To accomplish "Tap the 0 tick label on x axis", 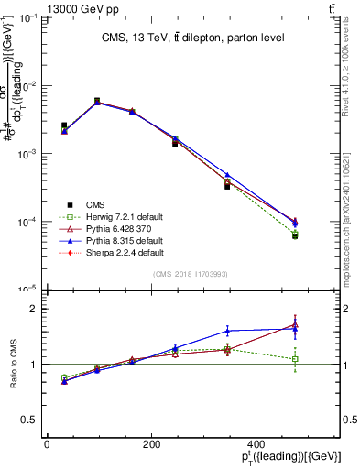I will click(x=47, y=445).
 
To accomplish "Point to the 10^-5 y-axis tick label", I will click(x=27, y=289).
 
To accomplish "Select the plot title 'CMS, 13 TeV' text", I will click(x=191, y=38).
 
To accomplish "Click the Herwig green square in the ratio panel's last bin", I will click(x=295, y=359).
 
